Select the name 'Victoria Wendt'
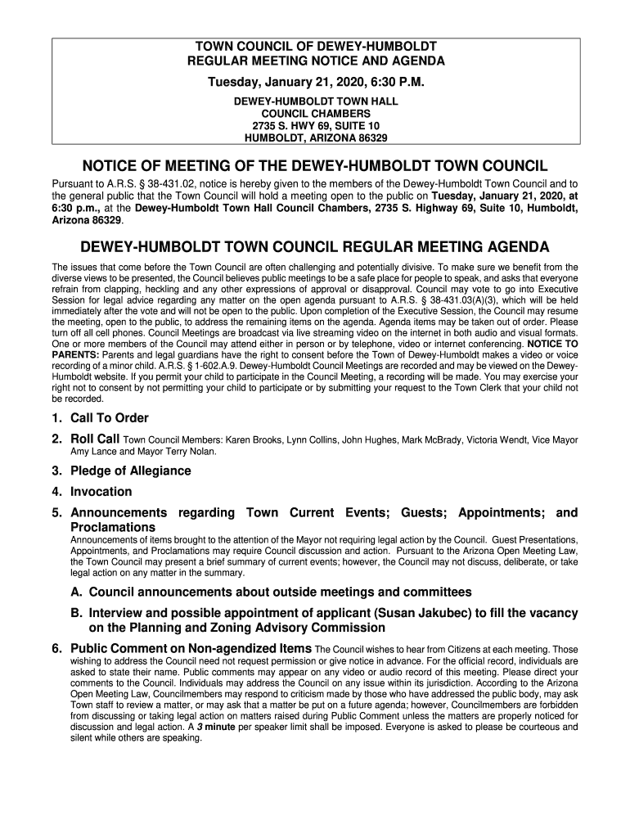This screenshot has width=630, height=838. (x=497, y=440)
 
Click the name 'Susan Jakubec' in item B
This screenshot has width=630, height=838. (x=434, y=613)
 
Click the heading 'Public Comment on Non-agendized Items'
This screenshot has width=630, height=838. (x=191, y=649)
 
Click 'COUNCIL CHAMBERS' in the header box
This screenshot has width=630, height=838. (x=315, y=113)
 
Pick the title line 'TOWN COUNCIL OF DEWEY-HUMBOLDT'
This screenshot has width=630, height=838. (x=315, y=46)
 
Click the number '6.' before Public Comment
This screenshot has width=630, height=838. (x=58, y=649)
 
